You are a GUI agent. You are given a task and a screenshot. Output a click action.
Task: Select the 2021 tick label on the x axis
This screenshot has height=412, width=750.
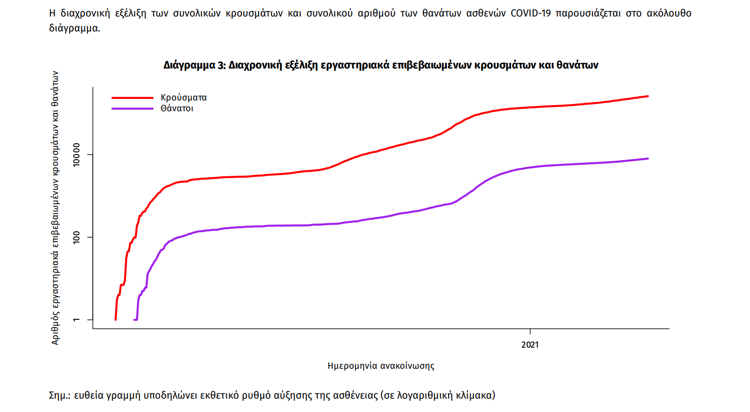pyautogui.click(x=530, y=344)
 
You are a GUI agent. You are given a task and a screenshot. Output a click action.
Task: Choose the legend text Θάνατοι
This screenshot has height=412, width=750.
pyautogui.click(x=177, y=109)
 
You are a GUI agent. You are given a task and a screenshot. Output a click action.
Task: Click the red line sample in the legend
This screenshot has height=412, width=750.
pyautogui.click(x=132, y=97)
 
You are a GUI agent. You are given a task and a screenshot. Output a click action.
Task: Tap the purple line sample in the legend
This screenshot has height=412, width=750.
pyautogui.click(x=132, y=109)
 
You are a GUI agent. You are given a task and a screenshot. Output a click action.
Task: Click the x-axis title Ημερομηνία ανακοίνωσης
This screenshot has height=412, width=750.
pyautogui.click(x=381, y=366)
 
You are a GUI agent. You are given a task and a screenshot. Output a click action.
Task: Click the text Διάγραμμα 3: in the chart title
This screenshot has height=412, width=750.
pyautogui.click(x=194, y=66)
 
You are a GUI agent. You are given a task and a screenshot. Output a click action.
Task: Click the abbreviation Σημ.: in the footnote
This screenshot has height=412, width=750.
pyautogui.click(x=60, y=396)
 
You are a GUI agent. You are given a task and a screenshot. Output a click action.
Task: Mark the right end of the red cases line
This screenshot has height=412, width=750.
pyautogui.click(x=648, y=96)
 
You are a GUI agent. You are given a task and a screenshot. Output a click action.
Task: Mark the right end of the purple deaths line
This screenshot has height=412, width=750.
pyautogui.click(x=648, y=159)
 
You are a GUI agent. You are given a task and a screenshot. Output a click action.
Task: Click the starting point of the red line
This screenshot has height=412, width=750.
pyautogui.click(x=115, y=320)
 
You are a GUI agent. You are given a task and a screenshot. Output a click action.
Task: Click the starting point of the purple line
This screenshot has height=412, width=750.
pyautogui.click(x=134, y=320)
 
